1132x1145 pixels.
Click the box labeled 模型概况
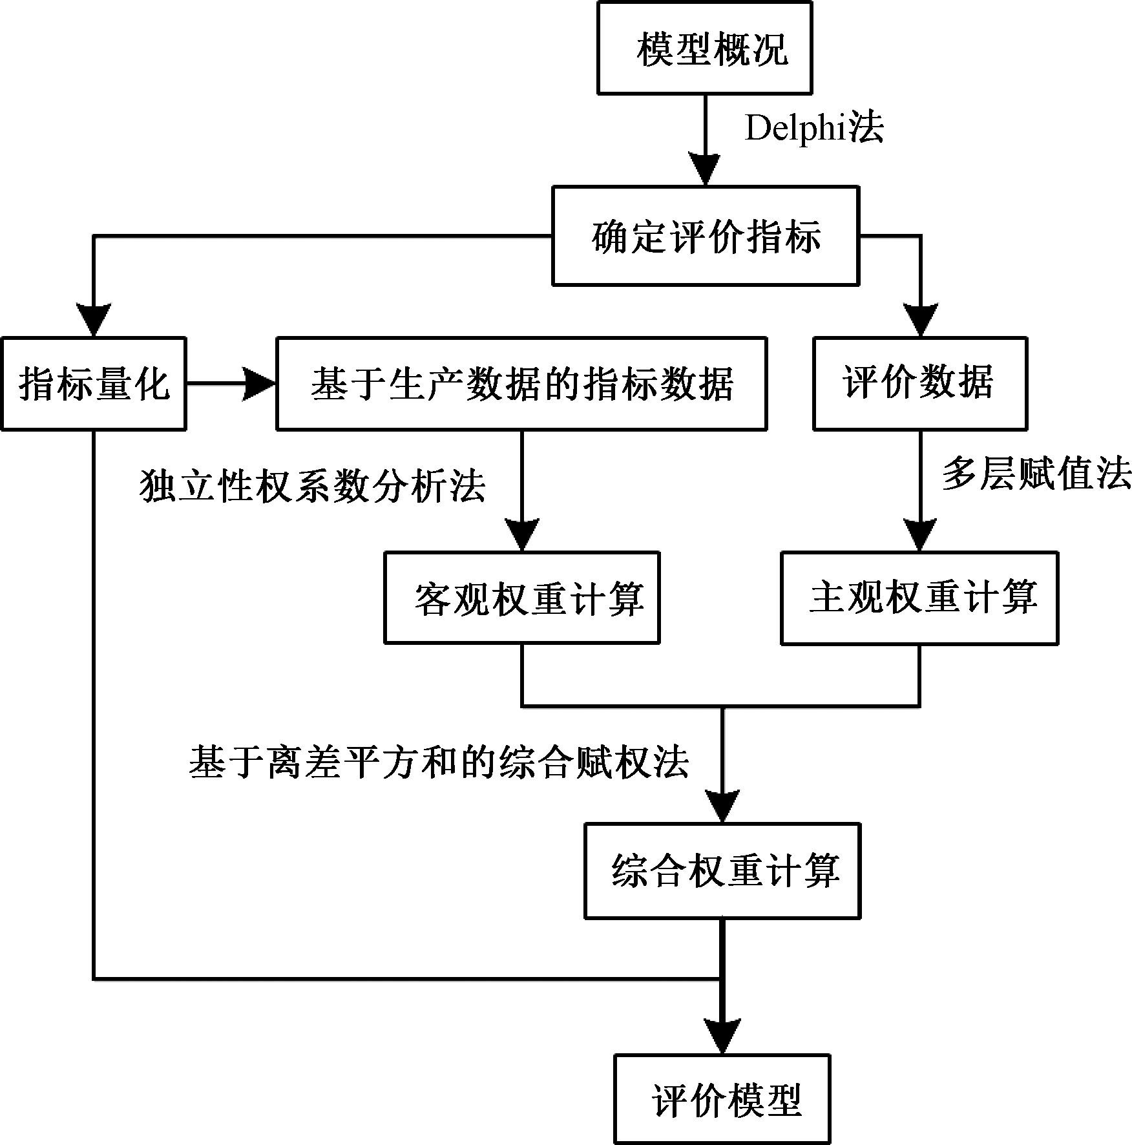(704, 48)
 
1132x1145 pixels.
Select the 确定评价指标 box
(705, 236)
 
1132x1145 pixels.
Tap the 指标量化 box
(94, 383)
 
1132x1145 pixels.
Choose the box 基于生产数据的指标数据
(521, 383)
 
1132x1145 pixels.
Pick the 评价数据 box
(919, 383)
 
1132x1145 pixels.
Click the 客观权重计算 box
(521, 598)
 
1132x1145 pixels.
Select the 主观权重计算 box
(919, 598)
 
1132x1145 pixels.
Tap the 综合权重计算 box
(722, 870)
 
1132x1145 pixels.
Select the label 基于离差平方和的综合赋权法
(439, 762)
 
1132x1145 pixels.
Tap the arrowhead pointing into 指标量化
(94, 320)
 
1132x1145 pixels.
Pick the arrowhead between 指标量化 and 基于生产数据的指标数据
(260, 384)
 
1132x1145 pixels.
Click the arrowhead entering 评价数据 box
(920, 320)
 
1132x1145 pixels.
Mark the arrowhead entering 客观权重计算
(521, 535)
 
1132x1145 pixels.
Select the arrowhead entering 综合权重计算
(722, 806)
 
